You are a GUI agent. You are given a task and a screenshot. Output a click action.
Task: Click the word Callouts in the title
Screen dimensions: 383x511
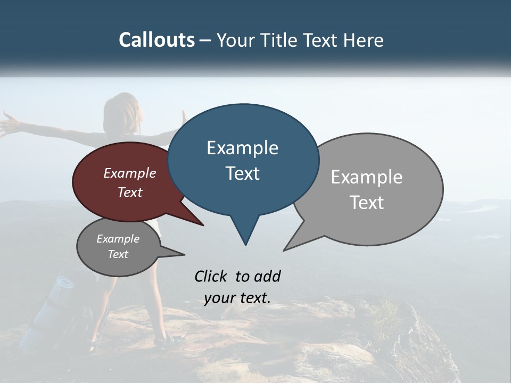(x=156, y=40)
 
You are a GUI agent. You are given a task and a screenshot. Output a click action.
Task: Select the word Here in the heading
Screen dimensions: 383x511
(x=361, y=40)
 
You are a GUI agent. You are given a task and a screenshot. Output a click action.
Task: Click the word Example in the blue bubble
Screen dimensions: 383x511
(x=242, y=148)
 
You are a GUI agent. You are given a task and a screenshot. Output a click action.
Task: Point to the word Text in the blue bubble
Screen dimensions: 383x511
(x=242, y=173)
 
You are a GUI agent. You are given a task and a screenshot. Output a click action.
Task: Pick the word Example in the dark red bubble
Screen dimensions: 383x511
(x=130, y=173)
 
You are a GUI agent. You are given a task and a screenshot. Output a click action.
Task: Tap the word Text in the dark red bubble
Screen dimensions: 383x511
(x=130, y=192)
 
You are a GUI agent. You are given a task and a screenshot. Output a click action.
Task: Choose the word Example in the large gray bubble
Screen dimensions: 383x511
(x=367, y=177)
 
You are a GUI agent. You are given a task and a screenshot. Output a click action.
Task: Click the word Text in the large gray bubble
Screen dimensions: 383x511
(x=367, y=203)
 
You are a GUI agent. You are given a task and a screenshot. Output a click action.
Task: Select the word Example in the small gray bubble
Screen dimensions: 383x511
(x=118, y=239)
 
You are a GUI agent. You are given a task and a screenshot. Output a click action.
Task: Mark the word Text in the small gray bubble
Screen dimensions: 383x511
(x=118, y=254)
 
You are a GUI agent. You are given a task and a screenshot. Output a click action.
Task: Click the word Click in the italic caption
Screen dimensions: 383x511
(x=211, y=276)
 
